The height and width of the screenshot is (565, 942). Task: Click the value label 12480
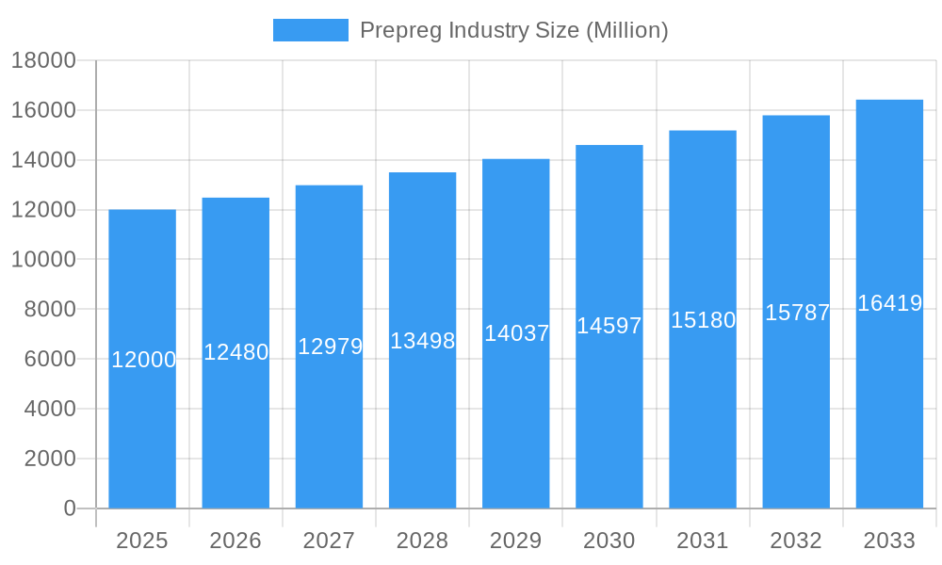point(235,352)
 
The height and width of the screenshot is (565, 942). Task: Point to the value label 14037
point(516,333)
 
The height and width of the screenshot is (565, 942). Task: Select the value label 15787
point(797,313)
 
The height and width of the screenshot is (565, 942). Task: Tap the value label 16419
point(889,303)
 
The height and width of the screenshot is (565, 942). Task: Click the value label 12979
point(330,347)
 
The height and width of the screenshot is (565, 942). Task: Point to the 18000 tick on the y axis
point(43,61)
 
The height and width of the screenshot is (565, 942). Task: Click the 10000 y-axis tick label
point(43,260)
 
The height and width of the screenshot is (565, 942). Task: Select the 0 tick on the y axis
point(70,508)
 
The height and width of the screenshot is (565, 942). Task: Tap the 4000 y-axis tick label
point(43,409)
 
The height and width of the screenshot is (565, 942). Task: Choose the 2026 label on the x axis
point(235,541)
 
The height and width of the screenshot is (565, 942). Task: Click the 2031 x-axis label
point(703,541)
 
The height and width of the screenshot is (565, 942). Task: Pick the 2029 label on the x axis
point(516,541)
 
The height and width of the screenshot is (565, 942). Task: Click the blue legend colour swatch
point(310,30)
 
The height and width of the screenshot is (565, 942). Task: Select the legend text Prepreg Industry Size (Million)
point(513,30)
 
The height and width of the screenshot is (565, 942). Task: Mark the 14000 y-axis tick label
point(43,160)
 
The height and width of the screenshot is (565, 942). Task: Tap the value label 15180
point(703,320)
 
